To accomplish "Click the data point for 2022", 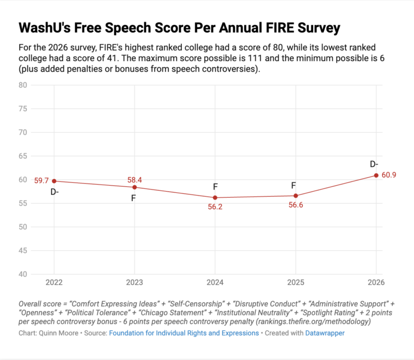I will coord(54,181).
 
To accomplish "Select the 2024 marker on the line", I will coord(215,198).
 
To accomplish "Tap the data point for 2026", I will coord(376,175).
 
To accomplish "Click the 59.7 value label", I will coord(42,180).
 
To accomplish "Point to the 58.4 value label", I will coord(135,180).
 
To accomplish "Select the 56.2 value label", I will coord(215,207).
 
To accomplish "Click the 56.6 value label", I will coord(296,205).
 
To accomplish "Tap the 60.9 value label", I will coord(388,175).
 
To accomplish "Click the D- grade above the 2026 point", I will coord(374,164).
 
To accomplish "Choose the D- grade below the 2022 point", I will coord(54,192).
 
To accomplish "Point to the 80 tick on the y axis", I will coord(23,85).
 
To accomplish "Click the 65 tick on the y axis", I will coord(23,156).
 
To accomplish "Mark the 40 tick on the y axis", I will coord(23,274).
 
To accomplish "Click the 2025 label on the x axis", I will coord(296,282).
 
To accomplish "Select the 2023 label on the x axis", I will coord(135,282).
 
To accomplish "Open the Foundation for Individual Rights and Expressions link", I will coord(184,332).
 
